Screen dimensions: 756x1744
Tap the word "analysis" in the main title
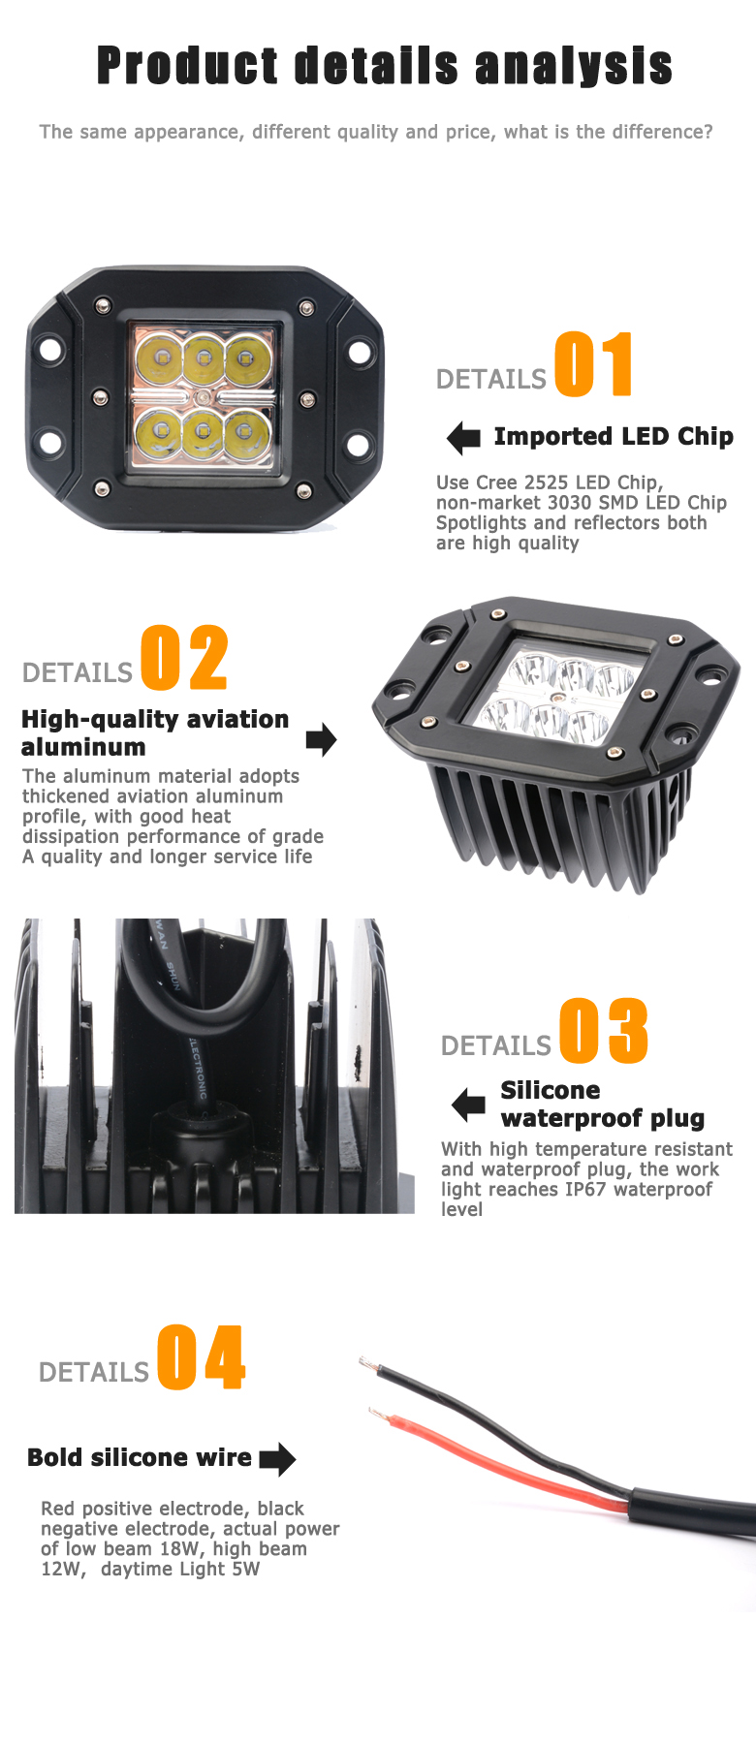point(574,66)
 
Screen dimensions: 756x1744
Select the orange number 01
point(593,364)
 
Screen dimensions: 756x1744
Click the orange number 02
point(184,658)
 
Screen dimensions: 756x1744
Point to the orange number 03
point(603,1030)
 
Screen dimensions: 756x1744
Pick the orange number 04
point(202,1357)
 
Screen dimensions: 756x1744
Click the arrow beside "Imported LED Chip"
point(464,438)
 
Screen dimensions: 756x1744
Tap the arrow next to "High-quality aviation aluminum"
point(321,740)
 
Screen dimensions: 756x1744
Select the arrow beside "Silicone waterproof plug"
point(469,1105)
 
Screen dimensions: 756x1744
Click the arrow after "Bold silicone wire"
point(278,1459)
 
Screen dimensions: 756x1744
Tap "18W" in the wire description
point(178,1548)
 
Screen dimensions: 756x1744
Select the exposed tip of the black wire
point(366,1364)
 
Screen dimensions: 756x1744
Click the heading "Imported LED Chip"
point(614,437)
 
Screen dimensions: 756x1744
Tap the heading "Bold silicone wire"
point(140,1457)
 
